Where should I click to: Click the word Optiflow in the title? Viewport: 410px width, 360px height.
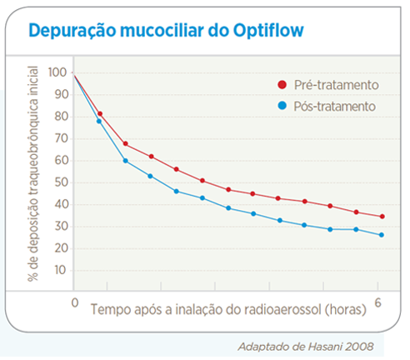click(x=268, y=30)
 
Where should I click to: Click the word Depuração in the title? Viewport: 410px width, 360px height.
click(x=72, y=31)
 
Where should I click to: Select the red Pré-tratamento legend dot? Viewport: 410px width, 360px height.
click(x=282, y=85)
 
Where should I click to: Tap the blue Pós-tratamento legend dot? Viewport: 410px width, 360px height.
click(x=282, y=106)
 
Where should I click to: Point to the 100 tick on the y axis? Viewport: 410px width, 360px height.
click(x=57, y=72)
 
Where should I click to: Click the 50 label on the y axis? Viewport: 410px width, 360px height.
click(x=61, y=182)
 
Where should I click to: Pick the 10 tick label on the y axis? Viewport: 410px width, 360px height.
click(x=60, y=270)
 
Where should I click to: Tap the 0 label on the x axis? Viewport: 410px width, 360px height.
click(x=75, y=302)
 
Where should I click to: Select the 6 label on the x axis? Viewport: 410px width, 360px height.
click(x=377, y=302)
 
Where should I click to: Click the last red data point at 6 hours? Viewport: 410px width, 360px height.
click(x=382, y=217)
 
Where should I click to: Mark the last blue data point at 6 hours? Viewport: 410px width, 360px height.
click(x=382, y=235)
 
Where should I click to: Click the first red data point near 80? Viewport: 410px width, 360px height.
click(x=100, y=114)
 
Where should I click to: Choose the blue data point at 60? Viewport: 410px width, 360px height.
click(x=125, y=161)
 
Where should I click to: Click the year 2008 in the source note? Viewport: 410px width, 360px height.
click(x=360, y=347)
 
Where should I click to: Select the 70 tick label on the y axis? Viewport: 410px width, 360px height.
click(x=61, y=138)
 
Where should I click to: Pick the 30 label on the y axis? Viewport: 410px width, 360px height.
click(x=61, y=227)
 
